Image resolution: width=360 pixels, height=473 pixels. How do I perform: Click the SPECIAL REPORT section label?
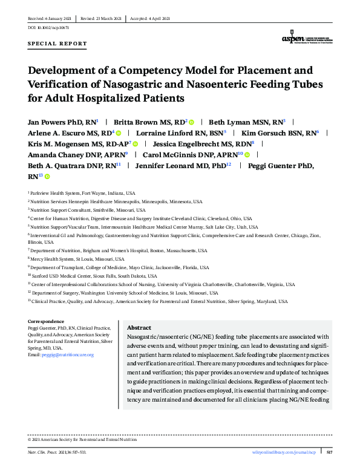click(x=57, y=44)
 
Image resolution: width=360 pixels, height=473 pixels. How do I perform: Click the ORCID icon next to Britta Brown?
click(x=192, y=122)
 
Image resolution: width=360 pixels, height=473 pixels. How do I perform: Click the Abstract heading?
click(x=139, y=327)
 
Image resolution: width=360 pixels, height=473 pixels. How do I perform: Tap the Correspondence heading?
click(x=46, y=321)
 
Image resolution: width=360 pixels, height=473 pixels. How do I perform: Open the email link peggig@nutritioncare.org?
click(x=68, y=354)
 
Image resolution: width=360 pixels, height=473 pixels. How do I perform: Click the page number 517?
click(x=329, y=452)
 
